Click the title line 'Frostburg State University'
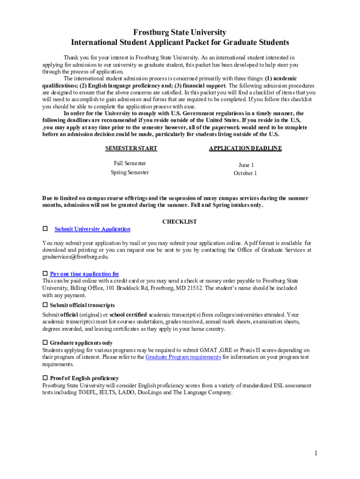[180, 32]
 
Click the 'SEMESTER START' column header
[131, 148]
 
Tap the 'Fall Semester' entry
[130, 163]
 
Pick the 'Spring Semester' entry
[130, 172]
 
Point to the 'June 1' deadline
[246, 165]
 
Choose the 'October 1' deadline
[245, 173]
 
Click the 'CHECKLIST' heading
[180, 222]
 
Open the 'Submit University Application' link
[93, 229]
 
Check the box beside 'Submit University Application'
[45, 229]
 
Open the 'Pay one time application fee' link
[85, 274]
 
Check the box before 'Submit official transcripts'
[45, 305]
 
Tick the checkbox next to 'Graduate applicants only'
[45, 343]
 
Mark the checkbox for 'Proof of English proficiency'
[45, 378]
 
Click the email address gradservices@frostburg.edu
[75, 257]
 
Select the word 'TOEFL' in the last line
[87, 392]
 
